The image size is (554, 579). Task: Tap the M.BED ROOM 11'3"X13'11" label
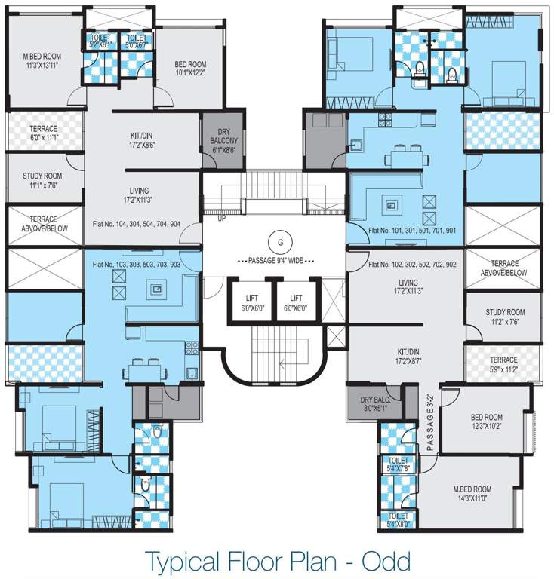(x=42, y=61)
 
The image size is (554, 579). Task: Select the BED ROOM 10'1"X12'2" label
(x=189, y=69)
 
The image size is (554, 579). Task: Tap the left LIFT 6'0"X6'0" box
(x=251, y=302)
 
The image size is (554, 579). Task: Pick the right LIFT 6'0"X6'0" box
(x=296, y=302)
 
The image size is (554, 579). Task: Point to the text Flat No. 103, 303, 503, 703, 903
(x=136, y=265)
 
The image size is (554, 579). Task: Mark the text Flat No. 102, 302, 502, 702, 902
(x=413, y=265)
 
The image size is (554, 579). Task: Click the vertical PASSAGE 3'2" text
(x=429, y=422)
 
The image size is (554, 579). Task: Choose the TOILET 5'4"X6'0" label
(x=397, y=519)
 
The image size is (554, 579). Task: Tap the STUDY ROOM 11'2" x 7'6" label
(x=505, y=317)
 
